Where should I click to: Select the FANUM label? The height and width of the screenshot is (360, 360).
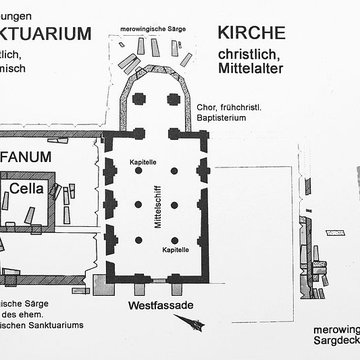click(33, 156)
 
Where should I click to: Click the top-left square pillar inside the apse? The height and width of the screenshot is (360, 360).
click(140, 100)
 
